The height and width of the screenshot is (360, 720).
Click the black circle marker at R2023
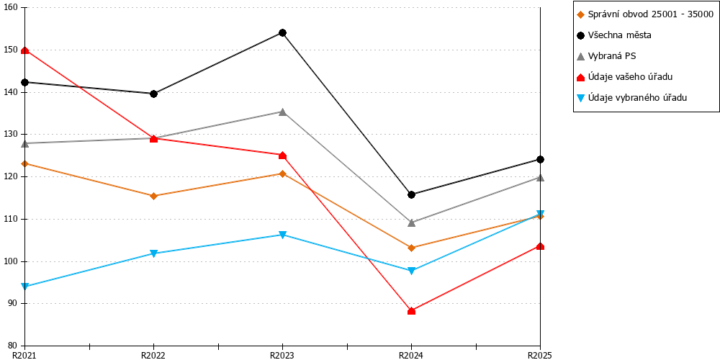(282, 32)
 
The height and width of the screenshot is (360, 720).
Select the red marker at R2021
(25, 50)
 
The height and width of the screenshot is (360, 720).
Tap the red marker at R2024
(411, 311)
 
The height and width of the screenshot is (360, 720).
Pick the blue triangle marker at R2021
(25, 287)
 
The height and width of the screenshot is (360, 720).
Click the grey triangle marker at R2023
(282, 112)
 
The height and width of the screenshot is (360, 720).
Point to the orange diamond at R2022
(154, 196)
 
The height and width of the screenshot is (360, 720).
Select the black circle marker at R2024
(411, 194)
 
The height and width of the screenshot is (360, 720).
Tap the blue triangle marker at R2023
(282, 235)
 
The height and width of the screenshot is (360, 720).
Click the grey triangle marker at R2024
(411, 222)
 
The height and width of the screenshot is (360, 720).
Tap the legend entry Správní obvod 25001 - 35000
(644, 14)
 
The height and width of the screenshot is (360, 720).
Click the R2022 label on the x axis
(154, 355)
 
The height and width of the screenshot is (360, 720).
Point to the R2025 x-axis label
(539, 355)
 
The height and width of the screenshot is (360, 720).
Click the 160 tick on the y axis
(12, 8)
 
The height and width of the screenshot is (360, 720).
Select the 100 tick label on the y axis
(12, 261)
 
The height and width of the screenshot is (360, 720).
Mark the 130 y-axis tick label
(12, 135)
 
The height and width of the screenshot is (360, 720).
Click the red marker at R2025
(540, 246)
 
